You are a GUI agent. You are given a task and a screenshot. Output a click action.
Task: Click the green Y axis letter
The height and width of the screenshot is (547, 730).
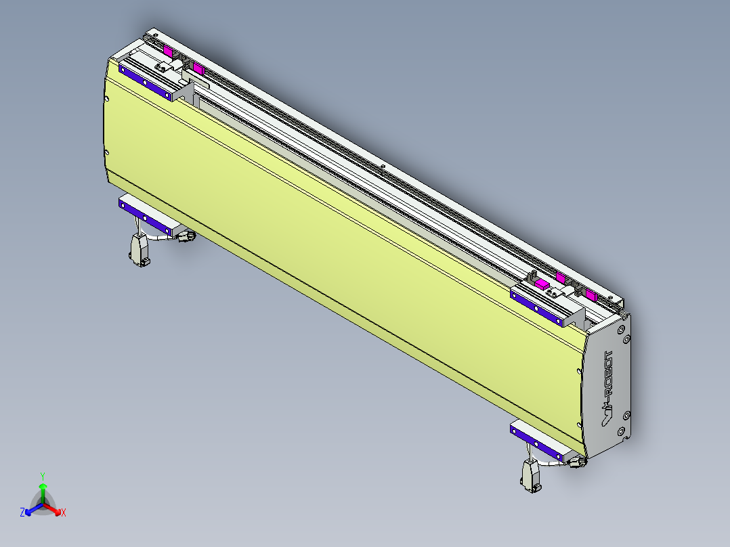tap(43, 475)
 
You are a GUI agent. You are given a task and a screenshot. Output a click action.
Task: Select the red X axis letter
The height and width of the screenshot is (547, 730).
tap(64, 513)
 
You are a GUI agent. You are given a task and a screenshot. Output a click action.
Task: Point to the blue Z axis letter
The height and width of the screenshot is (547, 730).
tap(22, 513)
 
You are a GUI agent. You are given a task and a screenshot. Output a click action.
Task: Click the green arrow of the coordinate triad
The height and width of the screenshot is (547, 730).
tap(43, 490)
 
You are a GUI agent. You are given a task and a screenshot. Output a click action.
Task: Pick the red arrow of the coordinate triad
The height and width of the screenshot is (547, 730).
tap(54, 509)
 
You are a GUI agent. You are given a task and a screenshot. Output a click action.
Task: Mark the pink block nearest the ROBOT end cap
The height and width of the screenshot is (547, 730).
tap(591, 295)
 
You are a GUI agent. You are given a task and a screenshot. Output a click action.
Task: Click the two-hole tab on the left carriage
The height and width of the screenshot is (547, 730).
tap(163, 66)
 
